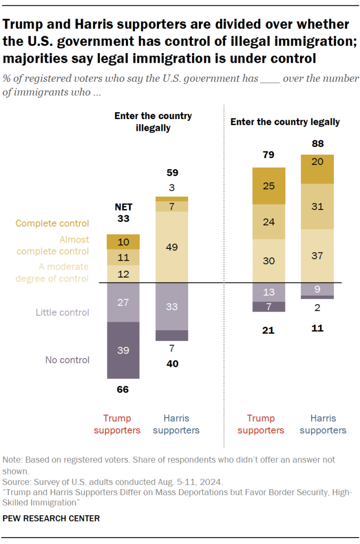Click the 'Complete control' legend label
click(52, 223)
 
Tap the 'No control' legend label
click(67, 360)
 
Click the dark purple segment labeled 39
click(123, 350)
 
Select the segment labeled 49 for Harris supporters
click(172, 247)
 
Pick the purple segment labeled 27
click(123, 302)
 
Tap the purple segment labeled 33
click(172, 306)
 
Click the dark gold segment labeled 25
click(269, 186)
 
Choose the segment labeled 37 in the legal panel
click(317, 256)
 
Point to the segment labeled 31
click(317, 206)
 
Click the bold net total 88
click(317, 144)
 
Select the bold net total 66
click(123, 389)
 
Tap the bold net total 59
click(172, 173)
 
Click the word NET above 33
click(123, 207)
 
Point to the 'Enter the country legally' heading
click(284, 122)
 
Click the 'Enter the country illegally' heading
click(153, 122)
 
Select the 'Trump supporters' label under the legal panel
click(269, 424)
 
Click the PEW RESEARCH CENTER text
click(51, 517)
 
